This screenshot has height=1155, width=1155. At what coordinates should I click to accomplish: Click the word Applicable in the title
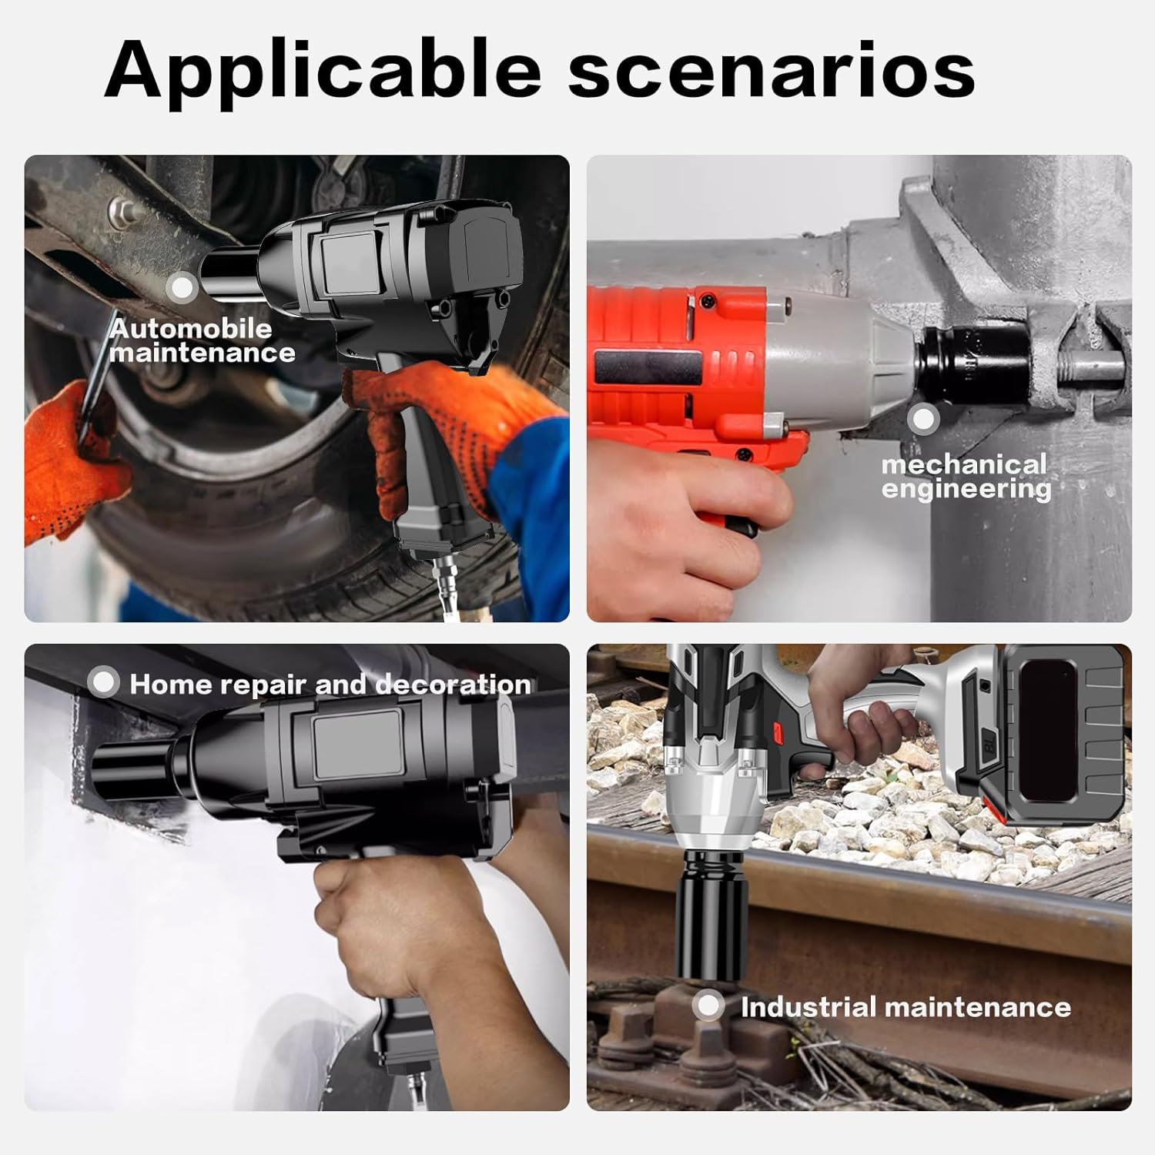coord(323,71)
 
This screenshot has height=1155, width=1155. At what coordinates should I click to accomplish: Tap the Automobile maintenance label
coord(202,340)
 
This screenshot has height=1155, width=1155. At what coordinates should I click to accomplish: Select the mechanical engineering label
coord(966,477)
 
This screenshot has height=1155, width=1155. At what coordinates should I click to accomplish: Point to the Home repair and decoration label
coord(330,685)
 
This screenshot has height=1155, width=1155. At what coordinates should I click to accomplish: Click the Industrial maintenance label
coord(906,1007)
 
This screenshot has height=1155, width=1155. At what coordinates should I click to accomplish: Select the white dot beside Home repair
coord(103,682)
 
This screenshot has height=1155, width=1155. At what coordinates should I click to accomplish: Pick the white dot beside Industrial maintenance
coord(708,1006)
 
